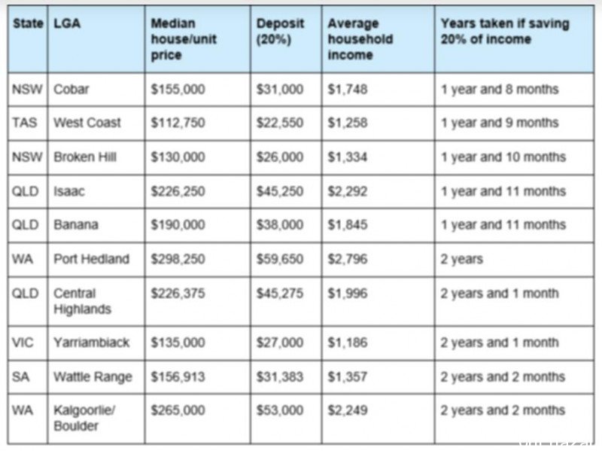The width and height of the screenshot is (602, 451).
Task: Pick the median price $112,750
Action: point(178,123)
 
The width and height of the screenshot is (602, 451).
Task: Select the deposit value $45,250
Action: point(280,191)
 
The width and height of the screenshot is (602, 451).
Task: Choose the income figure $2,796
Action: point(348,259)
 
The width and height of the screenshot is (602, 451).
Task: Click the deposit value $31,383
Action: point(280,377)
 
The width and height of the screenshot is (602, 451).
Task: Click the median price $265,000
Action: point(178,410)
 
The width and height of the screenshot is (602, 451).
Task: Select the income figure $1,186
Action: point(348,343)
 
